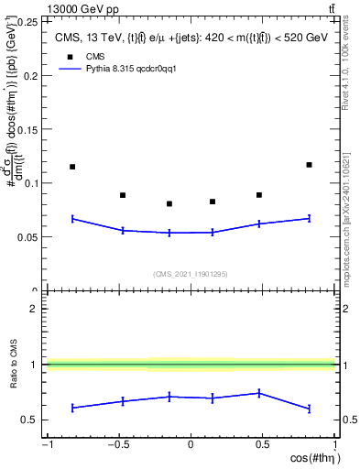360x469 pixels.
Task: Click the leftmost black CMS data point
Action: pyautogui.click(x=72, y=167)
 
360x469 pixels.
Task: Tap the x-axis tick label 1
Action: pyautogui.click(x=333, y=445)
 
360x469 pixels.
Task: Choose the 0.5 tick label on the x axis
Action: pyautogui.click(x=262, y=445)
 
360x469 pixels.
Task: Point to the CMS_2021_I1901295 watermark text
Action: pyautogui.click(x=190, y=274)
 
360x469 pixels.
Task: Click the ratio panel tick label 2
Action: pyautogui.click(x=34, y=309)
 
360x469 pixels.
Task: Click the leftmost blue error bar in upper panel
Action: pyautogui.click(x=72, y=219)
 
